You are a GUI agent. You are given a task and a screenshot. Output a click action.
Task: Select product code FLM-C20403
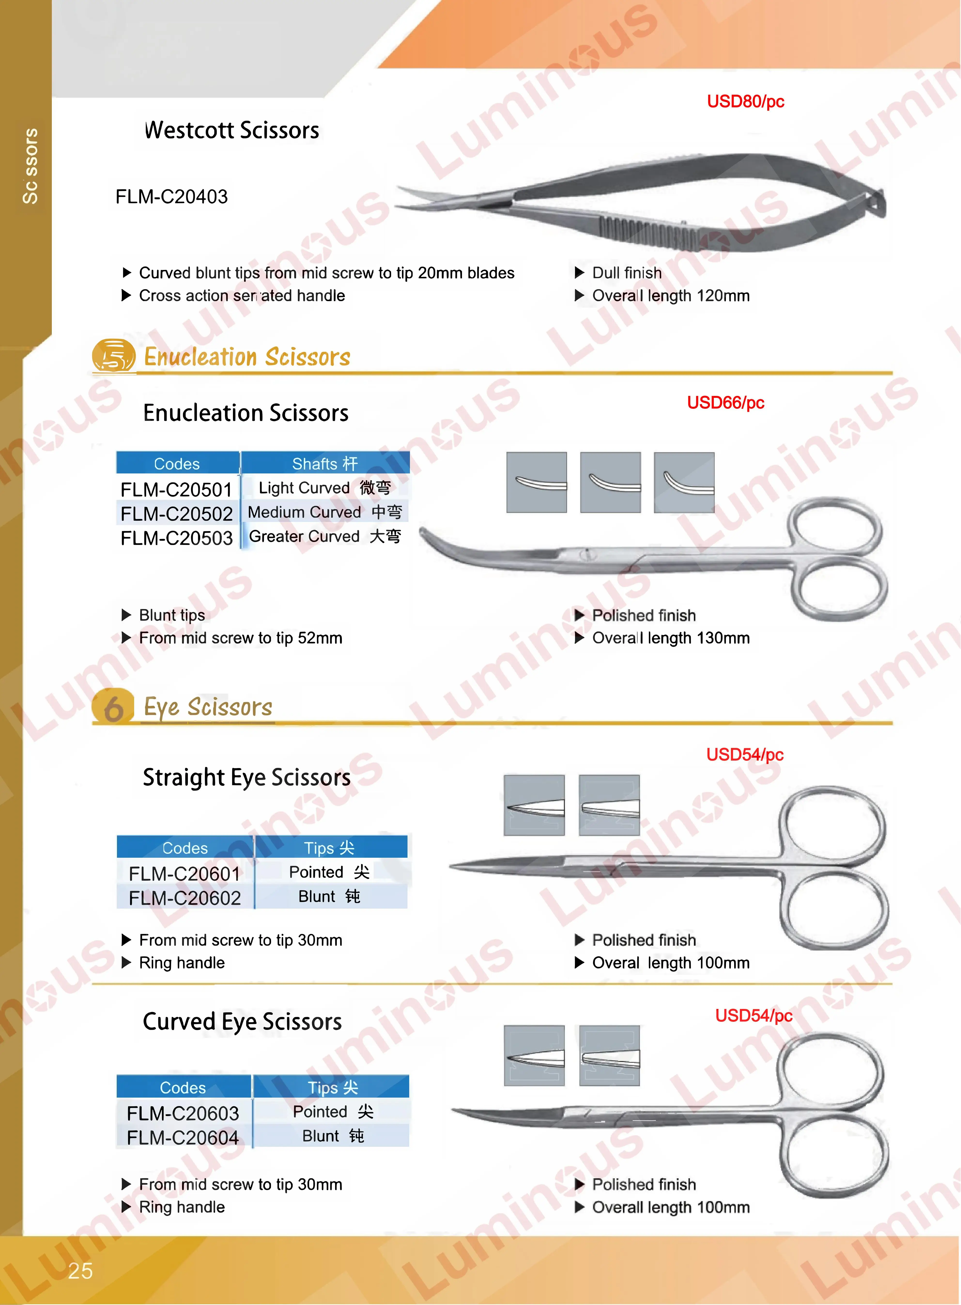click(172, 197)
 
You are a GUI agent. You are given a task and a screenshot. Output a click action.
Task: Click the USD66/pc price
click(725, 403)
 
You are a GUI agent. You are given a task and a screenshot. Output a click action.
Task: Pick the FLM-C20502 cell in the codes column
click(176, 513)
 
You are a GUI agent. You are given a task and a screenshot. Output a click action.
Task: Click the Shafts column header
click(325, 464)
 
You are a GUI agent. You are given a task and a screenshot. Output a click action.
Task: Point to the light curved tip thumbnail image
click(536, 483)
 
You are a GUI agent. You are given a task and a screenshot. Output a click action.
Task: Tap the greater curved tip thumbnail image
click(684, 483)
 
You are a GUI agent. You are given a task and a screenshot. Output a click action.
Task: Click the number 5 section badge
click(113, 356)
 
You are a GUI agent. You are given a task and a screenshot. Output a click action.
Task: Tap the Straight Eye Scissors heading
click(247, 778)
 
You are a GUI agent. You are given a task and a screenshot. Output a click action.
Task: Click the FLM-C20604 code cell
click(183, 1137)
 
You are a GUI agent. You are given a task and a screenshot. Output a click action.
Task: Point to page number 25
click(80, 1271)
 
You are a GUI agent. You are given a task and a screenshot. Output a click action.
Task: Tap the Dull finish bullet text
click(627, 273)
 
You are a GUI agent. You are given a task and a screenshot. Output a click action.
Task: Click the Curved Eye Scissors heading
click(242, 1022)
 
